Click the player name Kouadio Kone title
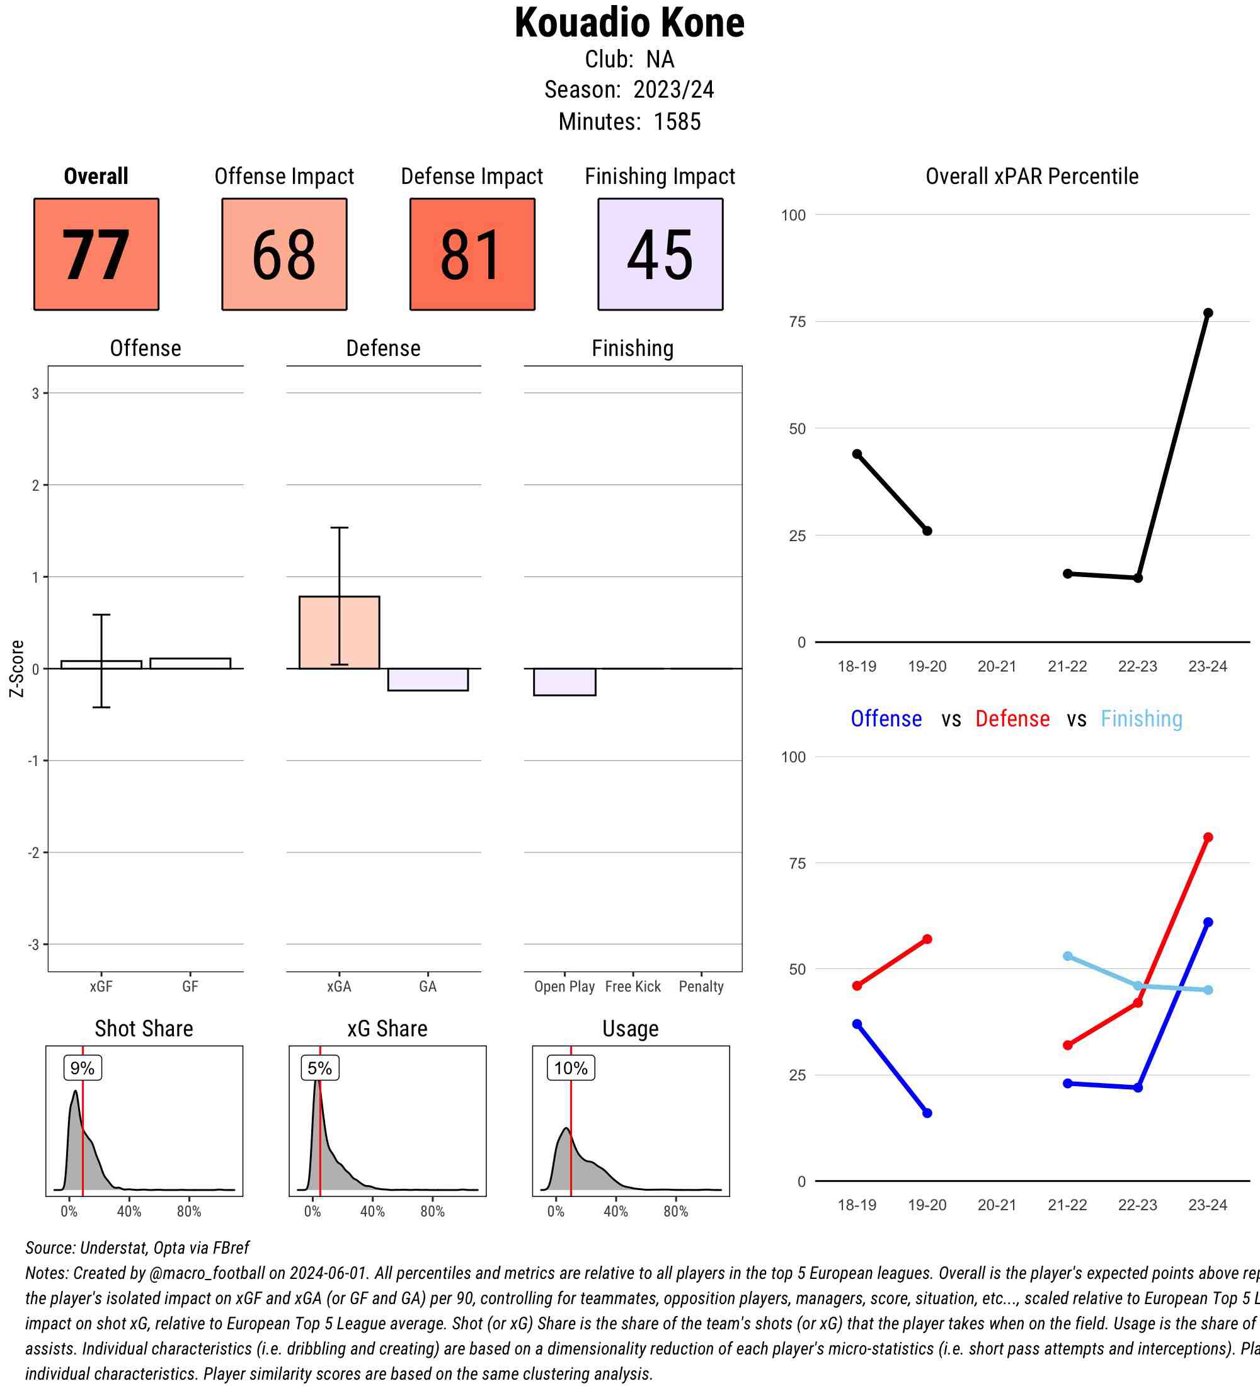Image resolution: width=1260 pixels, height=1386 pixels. [629, 23]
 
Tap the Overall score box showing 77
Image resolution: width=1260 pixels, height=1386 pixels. [96, 255]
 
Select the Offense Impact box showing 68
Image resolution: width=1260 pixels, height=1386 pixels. [284, 255]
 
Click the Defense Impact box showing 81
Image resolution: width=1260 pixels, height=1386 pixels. [472, 255]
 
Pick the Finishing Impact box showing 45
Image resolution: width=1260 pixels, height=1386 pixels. [660, 255]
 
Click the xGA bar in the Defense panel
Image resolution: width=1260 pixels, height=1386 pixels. [339, 633]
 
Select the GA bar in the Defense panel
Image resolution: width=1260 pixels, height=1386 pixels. [428, 679]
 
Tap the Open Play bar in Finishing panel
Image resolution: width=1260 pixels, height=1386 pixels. [564, 682]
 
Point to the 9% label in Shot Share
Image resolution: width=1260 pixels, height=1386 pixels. [83, 1068]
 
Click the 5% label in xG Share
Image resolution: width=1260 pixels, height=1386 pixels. [319, 1068]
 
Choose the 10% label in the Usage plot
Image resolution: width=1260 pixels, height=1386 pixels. [571, 1068]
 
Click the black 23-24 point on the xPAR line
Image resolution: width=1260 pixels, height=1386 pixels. [1208, 313]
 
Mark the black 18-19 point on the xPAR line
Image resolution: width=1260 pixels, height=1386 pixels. [857, 454]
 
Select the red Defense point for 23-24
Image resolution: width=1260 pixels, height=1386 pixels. [1208, 837]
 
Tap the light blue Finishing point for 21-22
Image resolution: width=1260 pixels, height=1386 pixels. [1067, 956]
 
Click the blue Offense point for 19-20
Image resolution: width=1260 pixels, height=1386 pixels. [927, 1113]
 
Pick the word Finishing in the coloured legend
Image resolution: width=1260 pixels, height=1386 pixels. [1141, 719]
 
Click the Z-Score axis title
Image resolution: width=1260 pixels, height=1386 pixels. [17, 668]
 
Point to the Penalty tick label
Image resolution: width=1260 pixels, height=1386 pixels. [701, 987]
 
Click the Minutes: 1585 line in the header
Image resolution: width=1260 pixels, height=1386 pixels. [629, 122]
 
